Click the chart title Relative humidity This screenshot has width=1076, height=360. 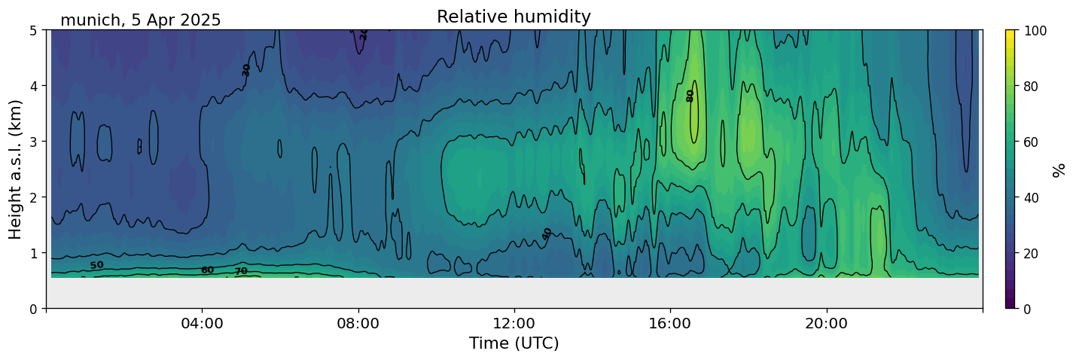(514, 17)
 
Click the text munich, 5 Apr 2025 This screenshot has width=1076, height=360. (141, 20)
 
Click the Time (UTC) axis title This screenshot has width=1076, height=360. (514, 343)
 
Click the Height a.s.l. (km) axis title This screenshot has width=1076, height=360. (16, 169)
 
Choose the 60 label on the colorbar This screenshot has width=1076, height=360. (1032, 142)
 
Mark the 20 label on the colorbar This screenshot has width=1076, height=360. (1032, 253)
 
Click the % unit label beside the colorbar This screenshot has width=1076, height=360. (1059, 169)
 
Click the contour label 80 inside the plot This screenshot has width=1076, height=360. (690, 96)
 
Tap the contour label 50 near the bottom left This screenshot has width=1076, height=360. (97, 265)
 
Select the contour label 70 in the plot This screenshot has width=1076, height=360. (241, 271)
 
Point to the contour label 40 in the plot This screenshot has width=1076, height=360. (547, 233)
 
